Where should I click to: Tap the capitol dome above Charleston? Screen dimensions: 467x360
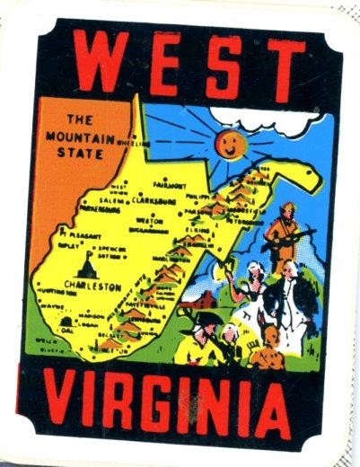coord(88,264)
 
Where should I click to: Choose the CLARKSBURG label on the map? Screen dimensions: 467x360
coord(157,201)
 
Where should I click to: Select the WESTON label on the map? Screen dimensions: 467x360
coord(148,219)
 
